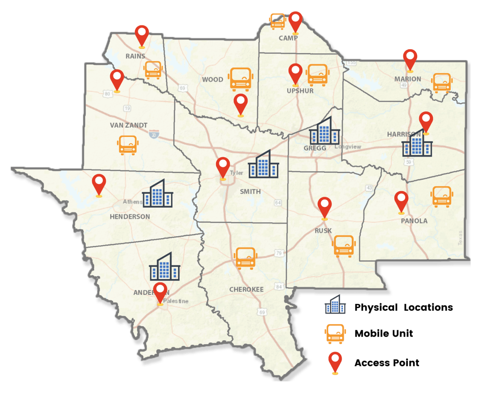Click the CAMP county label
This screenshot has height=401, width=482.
coord(288,38)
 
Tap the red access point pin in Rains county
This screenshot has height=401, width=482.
coord(142,36)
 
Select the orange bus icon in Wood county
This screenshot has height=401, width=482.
coord(240,79)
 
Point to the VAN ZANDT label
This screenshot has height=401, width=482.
coord(129,125)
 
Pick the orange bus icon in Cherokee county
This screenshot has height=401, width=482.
coord(245,258)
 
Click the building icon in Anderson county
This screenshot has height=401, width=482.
coord(164,267)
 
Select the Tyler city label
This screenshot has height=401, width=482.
coord(237,173)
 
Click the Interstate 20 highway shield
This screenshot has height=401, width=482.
coord(154,134)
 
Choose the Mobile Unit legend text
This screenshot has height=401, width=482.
coord(383,333)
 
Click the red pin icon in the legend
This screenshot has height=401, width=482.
coord(335,363)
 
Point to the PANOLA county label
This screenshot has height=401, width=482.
coord(414,221)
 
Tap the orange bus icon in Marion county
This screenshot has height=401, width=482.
coord(442,83)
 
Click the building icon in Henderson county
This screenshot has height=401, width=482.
coord(157,194)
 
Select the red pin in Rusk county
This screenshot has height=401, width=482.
coord(324,207)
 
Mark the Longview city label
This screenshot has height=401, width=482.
coord(348,147)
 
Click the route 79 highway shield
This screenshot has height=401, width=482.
coord(279,253)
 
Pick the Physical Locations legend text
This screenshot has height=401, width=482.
coord(403,307)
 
